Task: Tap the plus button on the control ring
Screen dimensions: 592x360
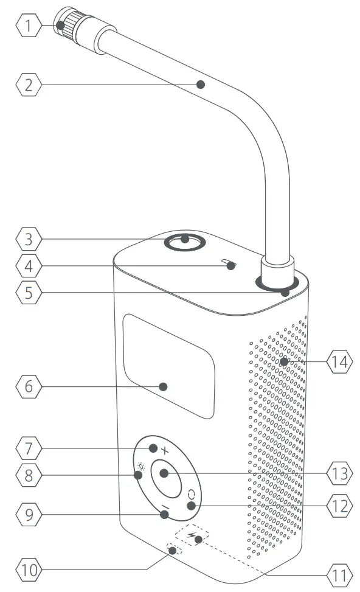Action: [x=165, y=450]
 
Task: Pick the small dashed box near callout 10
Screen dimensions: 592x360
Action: [x=175, y=551]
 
